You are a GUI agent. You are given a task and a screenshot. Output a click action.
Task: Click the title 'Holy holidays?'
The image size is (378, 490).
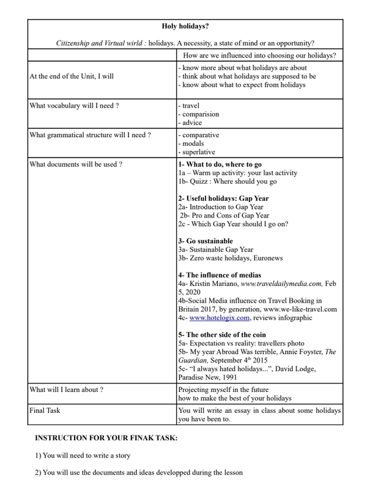point(185,26)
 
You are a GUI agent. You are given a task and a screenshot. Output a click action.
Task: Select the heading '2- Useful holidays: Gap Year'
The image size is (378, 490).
point(223,198)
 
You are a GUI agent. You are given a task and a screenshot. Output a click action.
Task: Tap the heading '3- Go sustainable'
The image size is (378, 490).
point(206,241)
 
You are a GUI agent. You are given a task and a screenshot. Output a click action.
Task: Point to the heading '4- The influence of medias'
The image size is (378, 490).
point(220,275)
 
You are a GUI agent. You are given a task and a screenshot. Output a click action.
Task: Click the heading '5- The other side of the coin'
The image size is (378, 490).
point(222,334)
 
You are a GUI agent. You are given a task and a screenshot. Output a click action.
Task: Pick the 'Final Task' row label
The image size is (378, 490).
point(45,410)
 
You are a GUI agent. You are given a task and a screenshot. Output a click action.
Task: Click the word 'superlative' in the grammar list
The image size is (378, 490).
point(198,152)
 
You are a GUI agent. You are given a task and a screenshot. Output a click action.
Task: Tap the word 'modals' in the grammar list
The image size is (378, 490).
point(193,143)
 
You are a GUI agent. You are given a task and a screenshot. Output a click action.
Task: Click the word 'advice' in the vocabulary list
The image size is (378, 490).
point(192,123)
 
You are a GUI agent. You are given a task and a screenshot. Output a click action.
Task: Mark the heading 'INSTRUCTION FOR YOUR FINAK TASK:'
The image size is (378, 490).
point(106,439)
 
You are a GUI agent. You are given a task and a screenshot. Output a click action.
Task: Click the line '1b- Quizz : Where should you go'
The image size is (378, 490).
point(227,181)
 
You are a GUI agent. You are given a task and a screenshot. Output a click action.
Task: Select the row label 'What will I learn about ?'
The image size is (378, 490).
point(66,390)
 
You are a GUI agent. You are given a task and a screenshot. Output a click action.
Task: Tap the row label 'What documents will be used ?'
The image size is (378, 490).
point(75,164)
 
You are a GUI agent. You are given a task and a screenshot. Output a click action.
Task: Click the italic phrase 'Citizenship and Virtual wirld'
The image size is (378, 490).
point(101,43)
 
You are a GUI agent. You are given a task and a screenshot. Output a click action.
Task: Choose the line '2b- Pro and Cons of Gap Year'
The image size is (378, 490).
point(224,216)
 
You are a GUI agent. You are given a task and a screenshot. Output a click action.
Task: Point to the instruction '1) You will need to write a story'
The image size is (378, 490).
point(83,456)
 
